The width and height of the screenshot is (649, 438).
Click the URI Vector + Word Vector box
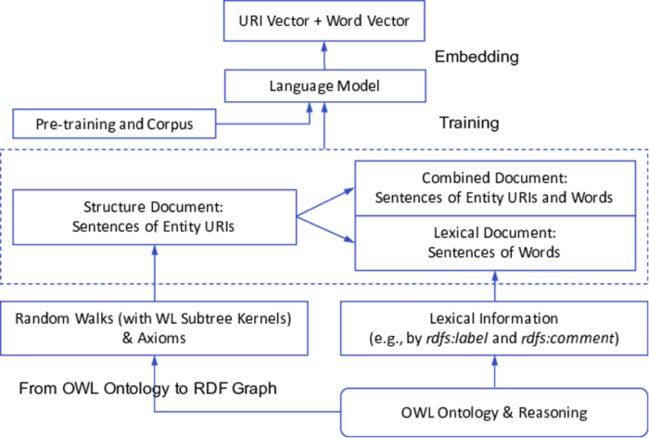click(x=324, y=20)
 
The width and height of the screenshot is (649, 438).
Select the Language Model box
click(x=324, y=85)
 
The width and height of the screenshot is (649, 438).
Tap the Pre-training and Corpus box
click(x=114, y=123)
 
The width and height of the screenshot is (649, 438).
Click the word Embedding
click(x=477, y=57)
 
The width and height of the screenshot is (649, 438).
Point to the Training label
click(x=469, y=122)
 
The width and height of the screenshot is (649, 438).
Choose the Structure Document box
click(x=155, y=217)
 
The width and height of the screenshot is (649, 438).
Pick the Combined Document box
click(x=495, y=188)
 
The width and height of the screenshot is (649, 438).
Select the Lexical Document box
click(x=495, y=243)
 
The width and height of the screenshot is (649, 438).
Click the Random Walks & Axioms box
click(x=154, y=328)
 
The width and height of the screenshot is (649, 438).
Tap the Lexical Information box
click(x=494, y=328)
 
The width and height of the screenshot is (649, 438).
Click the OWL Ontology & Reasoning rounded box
click(x=494, y=412)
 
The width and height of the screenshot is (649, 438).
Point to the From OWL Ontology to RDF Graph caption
click(x=147, y=389)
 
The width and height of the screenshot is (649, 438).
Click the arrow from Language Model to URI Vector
click(x=324, y=56)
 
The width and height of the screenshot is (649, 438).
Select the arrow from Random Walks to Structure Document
click(x=155, y=273)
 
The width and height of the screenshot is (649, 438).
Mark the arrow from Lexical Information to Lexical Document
click(x=494, y=286)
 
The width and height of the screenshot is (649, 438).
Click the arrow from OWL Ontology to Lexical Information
click(x=494, y=372)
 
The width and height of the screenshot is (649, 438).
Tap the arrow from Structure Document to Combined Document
click(x=325, y=202)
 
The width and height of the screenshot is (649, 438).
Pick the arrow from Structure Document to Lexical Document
click(x=325, y=229)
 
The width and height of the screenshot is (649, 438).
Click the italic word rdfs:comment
click(x=567, y=339)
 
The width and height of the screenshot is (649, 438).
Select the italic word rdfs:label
click(x=457, y=339)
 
